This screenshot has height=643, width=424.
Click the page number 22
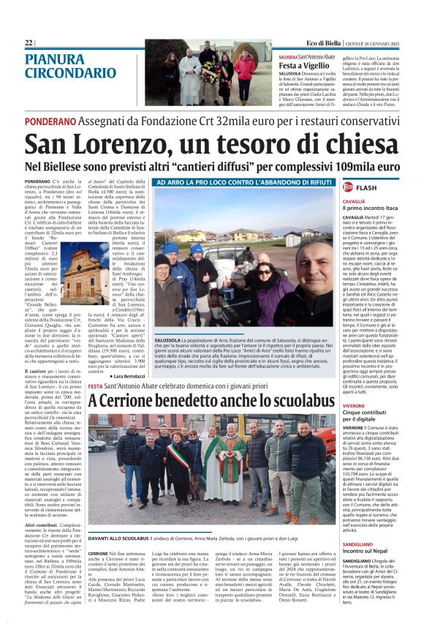point(29,43)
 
